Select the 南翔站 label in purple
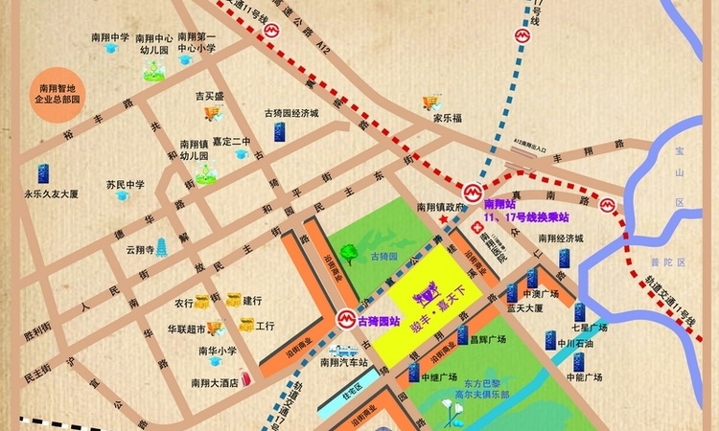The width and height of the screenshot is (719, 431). tap(499, 205)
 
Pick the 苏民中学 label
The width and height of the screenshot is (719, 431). tap(125, 185)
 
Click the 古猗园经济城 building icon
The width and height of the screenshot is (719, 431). tap(279, 130)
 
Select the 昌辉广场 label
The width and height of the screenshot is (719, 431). tap(487, 339)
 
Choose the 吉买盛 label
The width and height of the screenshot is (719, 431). tap(210, 97)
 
